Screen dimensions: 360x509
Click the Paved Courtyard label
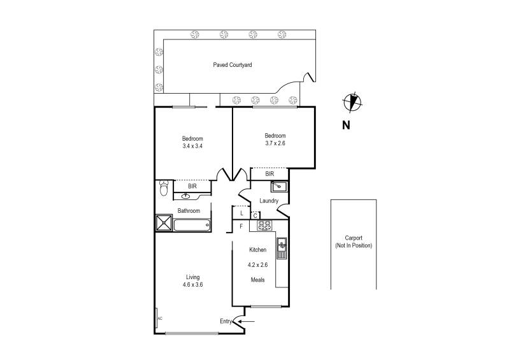point(233,65)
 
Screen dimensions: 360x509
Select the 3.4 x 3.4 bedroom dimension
point(192,147)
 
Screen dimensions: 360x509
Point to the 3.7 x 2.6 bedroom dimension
point(275,143)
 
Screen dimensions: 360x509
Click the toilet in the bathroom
point(164,189)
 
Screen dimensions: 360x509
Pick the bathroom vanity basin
point(186,196)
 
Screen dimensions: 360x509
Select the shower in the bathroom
point(164,223)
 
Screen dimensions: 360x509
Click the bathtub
point(192,224)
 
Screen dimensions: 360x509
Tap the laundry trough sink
point(279,187)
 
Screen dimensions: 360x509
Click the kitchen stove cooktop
point(264,225)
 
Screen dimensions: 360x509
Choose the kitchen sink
point(282,247)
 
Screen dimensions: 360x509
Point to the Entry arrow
point(248,321)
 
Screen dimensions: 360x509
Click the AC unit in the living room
point(159,317)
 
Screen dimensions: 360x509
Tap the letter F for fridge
point(241,226)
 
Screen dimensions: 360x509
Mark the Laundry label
point(269,201)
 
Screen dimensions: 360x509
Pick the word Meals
point(257,279)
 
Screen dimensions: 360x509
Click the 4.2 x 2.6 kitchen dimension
point(257,264)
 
